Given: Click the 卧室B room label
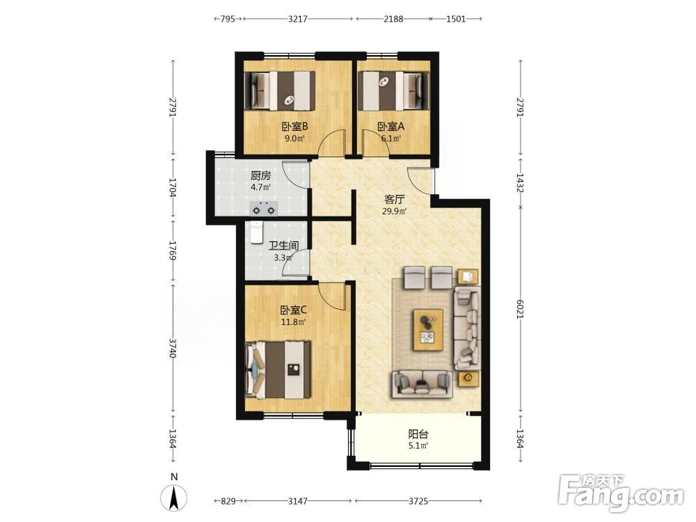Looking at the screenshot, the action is click(x=294, y=127).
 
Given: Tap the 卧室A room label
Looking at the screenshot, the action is click(x=391, y=127).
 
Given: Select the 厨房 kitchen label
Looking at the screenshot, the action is click(x=260, y=176).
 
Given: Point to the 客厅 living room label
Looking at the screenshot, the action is click(x=394, y=200).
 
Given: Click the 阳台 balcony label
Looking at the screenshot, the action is click(x=418, y=434).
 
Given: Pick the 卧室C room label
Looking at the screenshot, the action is click(x=294, y=310).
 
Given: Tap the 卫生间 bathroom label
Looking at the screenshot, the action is click(x=284, y=246).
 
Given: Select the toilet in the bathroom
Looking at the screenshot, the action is click(x=257, y=232).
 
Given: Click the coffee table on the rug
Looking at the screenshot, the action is click(x=428, y=330).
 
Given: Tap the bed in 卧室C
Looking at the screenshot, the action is click(x=278, y=370).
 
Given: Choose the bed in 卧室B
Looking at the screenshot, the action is click(x=280, y=91).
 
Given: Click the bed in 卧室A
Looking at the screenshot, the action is click(x=393, y=91).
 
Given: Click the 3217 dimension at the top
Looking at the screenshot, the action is click(x=297, y=19).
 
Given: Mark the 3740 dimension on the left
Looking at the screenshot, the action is click(x=173, y=349).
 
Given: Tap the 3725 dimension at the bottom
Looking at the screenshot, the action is click(x=418, y=501).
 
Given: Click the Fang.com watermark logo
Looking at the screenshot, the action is click(x=622, y=493).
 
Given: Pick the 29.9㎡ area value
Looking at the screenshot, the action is click(x=394, y=212).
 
